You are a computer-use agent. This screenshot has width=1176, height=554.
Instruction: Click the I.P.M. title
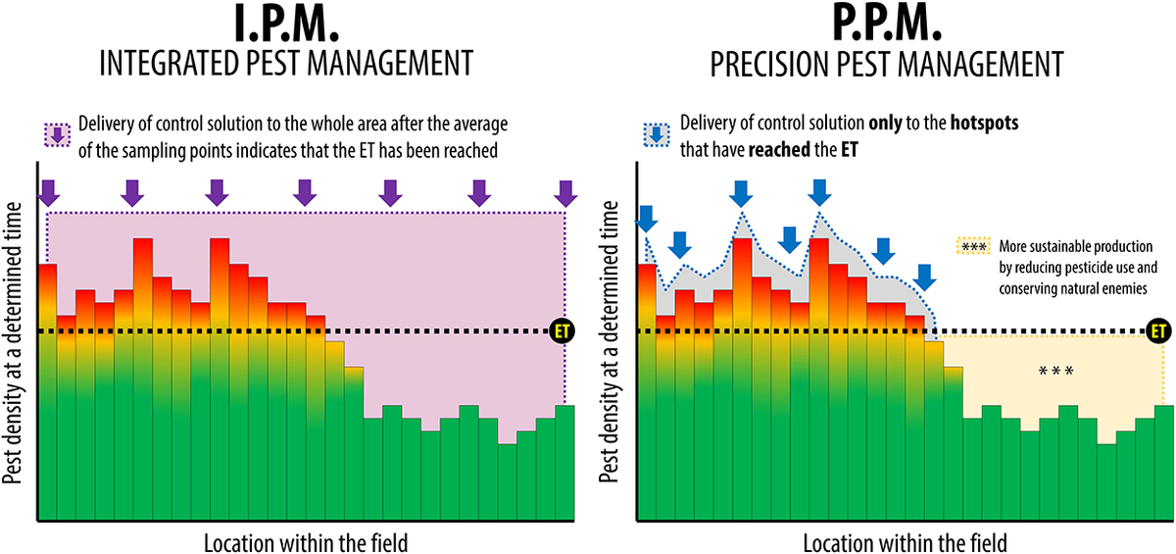point(287,25)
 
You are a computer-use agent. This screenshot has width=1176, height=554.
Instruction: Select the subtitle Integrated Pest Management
point(287,65)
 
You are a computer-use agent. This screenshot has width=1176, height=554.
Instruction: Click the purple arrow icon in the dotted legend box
point(57,135)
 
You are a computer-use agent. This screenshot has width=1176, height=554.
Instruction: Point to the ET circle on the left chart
point(563,330)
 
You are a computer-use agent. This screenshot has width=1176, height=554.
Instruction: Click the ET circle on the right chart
point(1160,330)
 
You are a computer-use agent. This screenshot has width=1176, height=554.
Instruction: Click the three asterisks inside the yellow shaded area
point(1056,372)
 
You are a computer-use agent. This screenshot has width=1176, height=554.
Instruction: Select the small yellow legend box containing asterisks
point(972,246)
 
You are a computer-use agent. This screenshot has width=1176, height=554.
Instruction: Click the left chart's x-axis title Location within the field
point(305,540)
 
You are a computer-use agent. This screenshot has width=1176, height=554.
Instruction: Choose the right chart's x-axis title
point(904,540)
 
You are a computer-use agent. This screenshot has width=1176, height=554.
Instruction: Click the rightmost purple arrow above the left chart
point(563,193)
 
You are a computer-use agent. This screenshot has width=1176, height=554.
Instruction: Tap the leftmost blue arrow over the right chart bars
point(646,218)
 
